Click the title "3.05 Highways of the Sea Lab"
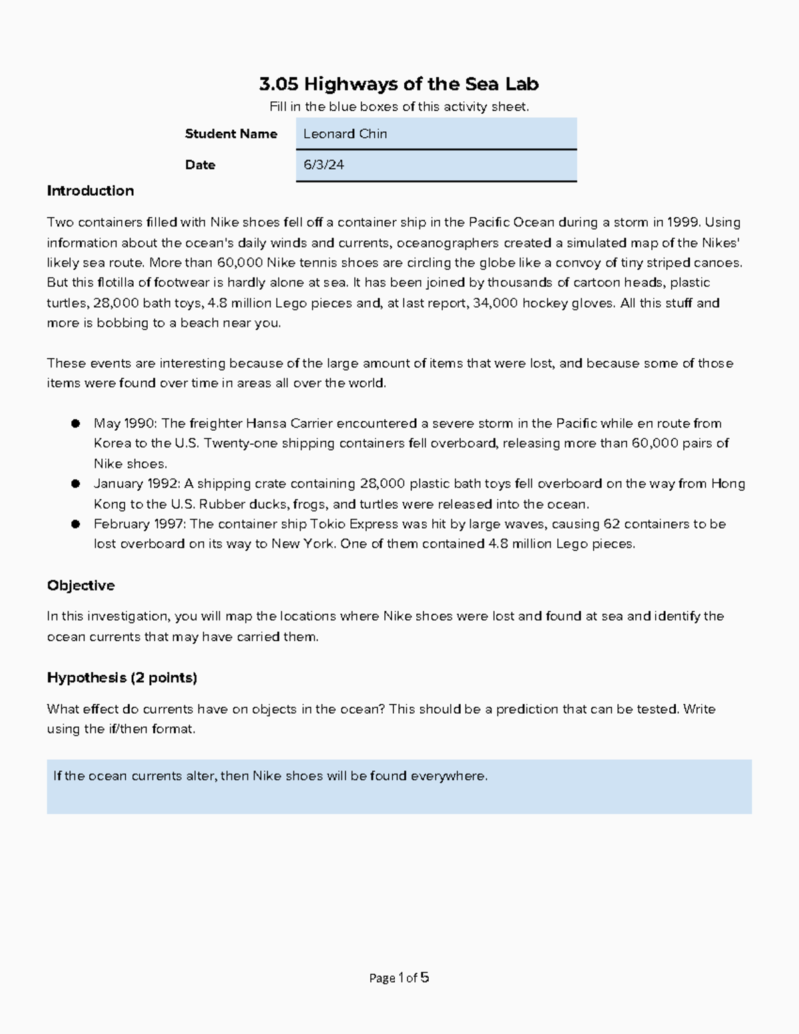[x=399, y=84]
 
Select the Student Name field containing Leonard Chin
[x=435, y=134]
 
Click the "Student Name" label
[x=231, y=134]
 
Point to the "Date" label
[x=200, y=165]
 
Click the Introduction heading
[x=90, y=191]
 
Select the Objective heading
[x=81, y=586]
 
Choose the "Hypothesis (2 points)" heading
[x=122, y=678]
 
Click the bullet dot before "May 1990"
[x=76, y=423]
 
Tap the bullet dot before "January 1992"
[x=76, y=484]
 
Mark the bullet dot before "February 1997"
[x=76, y=524]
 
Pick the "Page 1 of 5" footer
[x=399, y=978]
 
